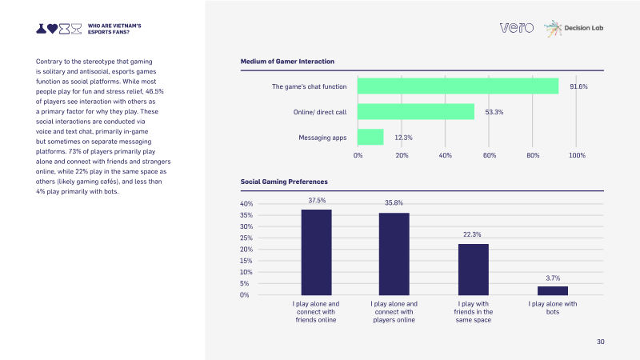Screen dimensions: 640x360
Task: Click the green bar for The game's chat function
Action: [458, 86]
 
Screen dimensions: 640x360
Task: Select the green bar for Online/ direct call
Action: [416, 111]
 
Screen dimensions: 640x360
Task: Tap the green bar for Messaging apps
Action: [370, 137]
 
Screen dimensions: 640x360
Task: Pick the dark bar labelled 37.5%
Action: [316, 252]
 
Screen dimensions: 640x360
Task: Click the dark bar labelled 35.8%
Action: [394, 254]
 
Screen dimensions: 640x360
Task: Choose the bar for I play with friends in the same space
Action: [474, 270]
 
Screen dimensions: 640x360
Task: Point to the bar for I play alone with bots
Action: [553, 290]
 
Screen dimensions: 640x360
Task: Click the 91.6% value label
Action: [578, 86]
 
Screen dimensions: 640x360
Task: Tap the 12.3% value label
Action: [403, 138]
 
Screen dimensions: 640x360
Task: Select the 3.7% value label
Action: [553, 278]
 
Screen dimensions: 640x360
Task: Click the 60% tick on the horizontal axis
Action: [490, 155]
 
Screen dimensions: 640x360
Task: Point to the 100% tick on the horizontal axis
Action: [577, 155]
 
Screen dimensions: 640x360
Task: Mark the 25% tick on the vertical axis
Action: [246, 238]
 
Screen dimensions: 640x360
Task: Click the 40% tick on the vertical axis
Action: [246, 204]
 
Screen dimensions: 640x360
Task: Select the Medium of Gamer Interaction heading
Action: [287, 62]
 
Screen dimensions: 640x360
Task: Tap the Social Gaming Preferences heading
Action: [284, 182]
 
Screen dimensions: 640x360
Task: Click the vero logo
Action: [517, 28]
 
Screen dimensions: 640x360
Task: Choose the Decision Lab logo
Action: [574, 28]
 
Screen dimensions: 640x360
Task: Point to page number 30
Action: [601, 342]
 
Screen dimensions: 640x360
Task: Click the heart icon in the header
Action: [52, 29]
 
